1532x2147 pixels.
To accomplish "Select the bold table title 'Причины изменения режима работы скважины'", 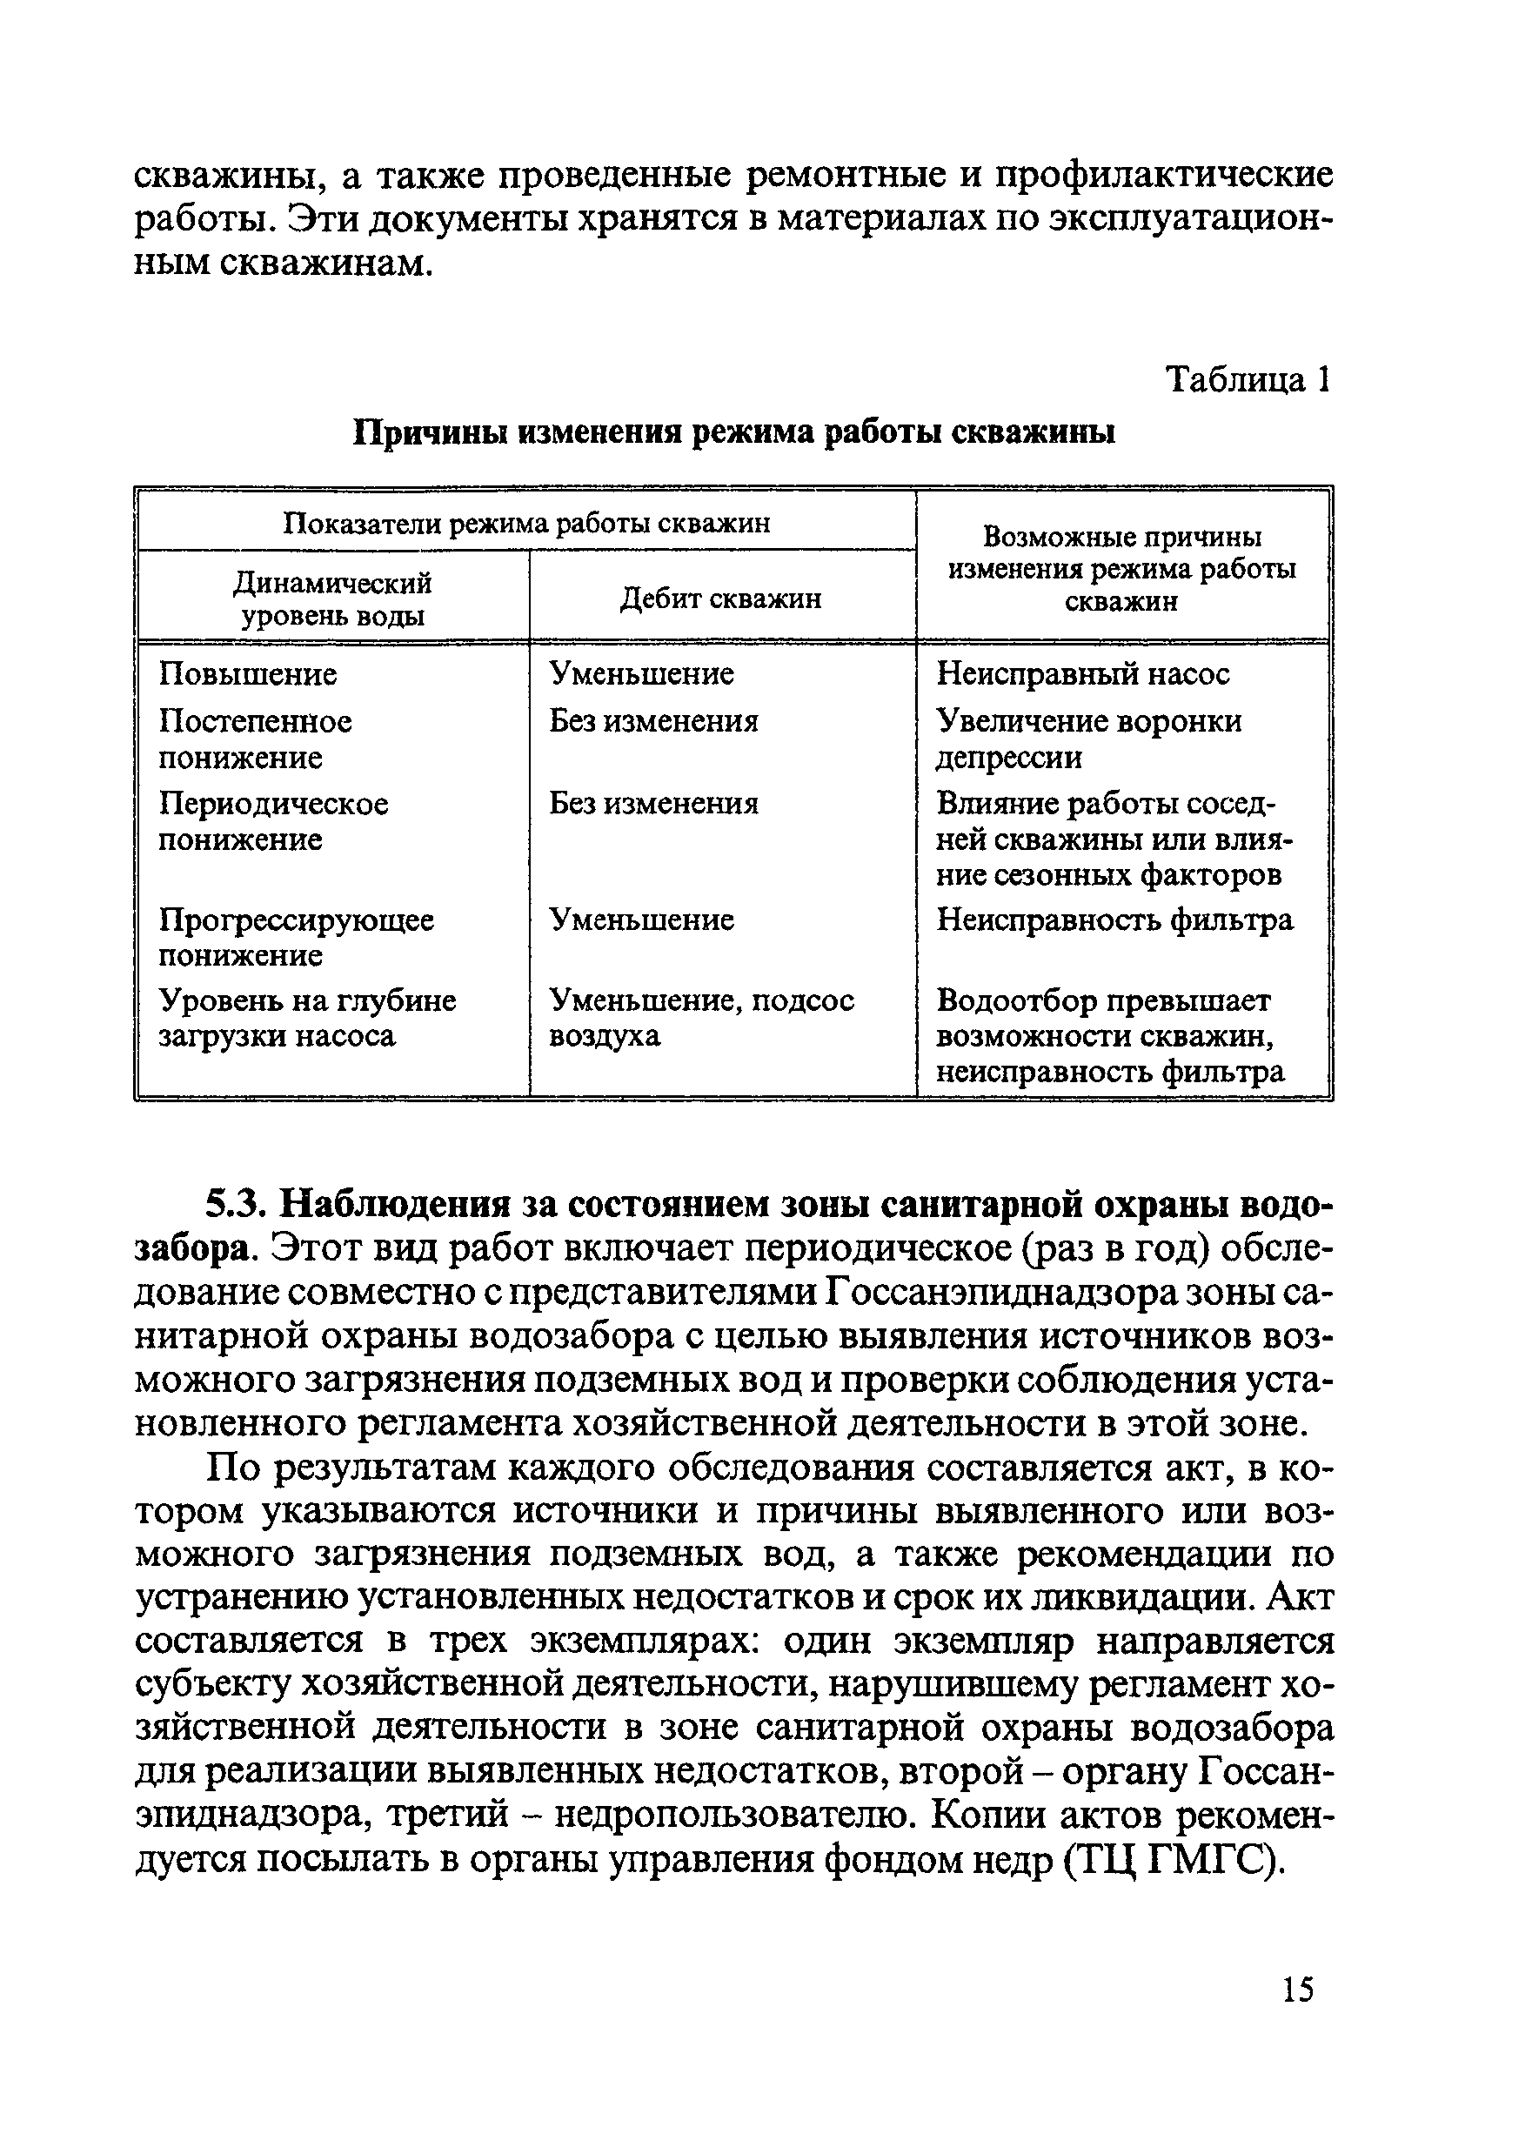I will click(734, 432).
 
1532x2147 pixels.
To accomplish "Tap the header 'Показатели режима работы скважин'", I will click(526, 523).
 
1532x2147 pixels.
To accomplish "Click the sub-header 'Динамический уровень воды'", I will click(332, 599).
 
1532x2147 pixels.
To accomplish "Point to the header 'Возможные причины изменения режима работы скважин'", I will click(1121, 569).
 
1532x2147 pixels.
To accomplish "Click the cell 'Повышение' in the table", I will click(247, 673).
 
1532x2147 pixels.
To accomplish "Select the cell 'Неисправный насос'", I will click(1083, 673).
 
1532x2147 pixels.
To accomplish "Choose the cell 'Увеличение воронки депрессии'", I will click(1088, 739).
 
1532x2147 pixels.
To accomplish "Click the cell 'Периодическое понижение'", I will click(272, 820).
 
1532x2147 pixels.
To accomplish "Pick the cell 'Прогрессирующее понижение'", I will click(295, 937).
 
